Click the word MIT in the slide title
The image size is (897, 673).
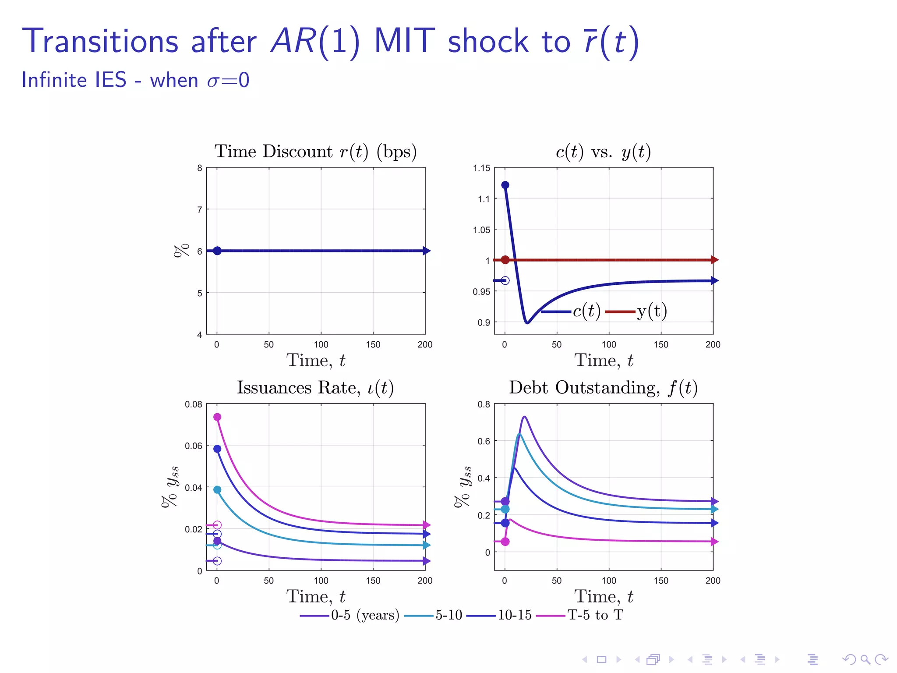click(x=404, y=42)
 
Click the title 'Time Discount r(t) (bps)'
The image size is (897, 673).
click(x=315, y=152)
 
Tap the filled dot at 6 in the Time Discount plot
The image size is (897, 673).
click(x=217, y=251)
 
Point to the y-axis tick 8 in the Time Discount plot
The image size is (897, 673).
click(x=200, y=168)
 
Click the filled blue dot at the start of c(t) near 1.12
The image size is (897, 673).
click(x=505, y=185)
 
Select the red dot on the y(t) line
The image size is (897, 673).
click(x=505, y=260)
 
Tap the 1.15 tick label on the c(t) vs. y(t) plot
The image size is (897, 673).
click(x=481, y=168)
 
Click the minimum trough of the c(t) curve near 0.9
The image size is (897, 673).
click(x=527, y=322)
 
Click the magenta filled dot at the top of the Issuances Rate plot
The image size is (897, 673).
click(x=217, y=417)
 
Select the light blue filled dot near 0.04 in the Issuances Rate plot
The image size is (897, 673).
click(x=217, y=489)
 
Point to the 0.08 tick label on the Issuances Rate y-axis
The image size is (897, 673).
click(x=193, y=404)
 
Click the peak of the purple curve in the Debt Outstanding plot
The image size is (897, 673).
click(x=524, y=417)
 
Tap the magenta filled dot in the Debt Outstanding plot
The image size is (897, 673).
click(x=505, y=542)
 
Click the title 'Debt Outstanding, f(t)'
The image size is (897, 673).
click(x=603, y=388)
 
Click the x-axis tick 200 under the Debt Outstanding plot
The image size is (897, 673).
click(x=713, y=581)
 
